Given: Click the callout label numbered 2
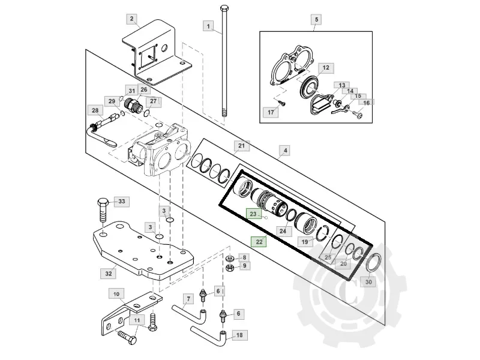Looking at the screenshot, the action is tap(131, 19).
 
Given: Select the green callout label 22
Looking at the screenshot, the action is tap(259, 242).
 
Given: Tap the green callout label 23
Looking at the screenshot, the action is tap(253, 214).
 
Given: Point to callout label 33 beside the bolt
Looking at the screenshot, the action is tap(122, 202).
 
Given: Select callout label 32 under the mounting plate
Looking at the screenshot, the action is tap(109, 274).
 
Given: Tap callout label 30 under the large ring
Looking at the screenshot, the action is tap(368, 282).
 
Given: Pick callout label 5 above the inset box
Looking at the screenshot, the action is tap(316, 20).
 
